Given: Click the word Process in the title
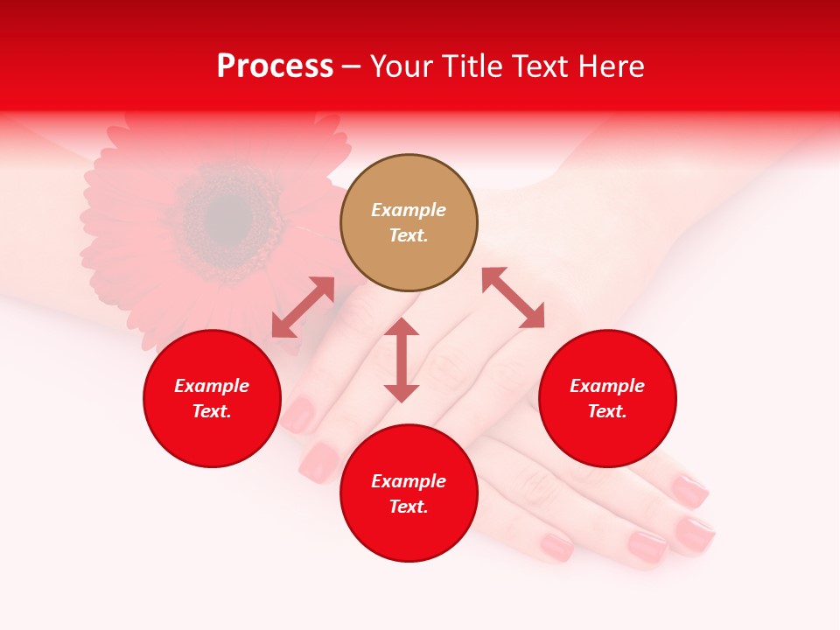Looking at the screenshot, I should tap(275, 66).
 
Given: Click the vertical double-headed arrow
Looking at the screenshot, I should tap(402, 360).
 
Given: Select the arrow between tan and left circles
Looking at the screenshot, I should tap(303, 307).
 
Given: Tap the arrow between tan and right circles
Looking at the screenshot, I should tap(513, 297).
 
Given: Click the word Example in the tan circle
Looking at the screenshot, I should tap(409, 210).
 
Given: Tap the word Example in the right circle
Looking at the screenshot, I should tap(607, 386).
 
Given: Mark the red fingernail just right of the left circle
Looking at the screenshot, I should tap(298, 414).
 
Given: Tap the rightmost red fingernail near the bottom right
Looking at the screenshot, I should tap(696, 534).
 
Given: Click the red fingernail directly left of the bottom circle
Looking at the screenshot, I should tap(319, 461).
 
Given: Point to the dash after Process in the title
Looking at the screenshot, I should tap(351, 66).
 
